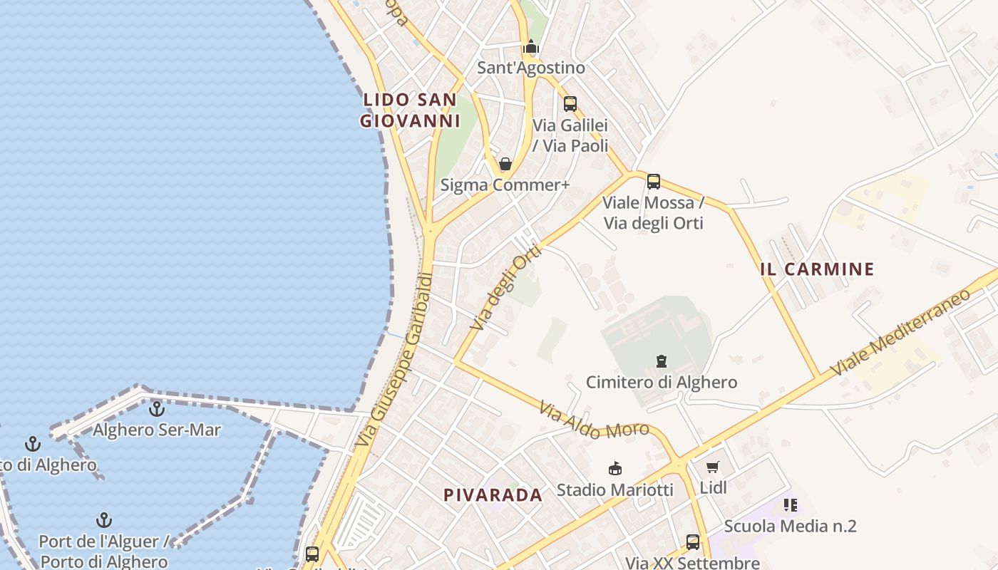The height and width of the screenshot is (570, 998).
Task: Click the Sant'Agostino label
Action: point(530,68)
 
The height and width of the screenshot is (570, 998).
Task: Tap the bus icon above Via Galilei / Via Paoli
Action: point(570,104)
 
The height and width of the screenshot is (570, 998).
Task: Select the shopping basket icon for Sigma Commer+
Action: point(505,164)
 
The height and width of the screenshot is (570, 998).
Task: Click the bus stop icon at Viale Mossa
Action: point(653,182)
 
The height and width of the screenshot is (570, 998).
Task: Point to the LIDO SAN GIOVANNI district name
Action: point(410,110)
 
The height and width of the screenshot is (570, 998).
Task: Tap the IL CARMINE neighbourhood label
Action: point(817,269)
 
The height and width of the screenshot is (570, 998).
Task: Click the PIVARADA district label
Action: point(493,495)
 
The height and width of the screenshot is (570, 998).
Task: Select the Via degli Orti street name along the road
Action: point(506,287)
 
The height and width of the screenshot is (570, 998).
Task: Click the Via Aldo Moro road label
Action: point(594,420)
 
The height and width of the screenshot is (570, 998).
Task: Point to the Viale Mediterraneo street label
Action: point(901,332)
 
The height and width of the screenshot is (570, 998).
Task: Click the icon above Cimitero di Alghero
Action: point(662,361)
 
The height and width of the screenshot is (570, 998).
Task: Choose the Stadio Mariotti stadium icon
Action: point(614,468)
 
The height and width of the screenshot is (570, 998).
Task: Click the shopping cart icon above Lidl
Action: point(712,467)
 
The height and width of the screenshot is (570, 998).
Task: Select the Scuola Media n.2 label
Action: point(790,527)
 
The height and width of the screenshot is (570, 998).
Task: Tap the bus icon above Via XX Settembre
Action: point(692,542)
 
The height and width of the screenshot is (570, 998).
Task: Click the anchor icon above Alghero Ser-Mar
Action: point(156,409)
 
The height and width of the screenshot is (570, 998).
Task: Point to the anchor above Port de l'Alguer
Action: point(104,520)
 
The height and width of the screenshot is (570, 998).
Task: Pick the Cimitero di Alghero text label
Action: point(662,383)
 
